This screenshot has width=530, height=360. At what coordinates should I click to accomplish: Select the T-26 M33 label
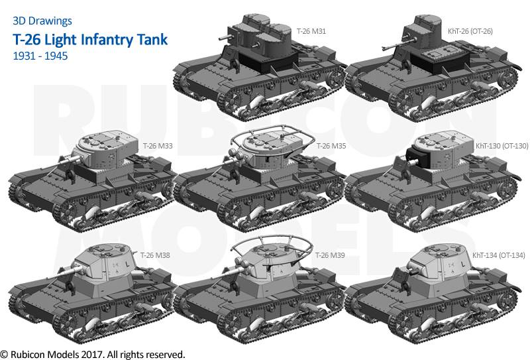158,145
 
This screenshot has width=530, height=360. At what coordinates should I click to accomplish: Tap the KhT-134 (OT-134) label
498,255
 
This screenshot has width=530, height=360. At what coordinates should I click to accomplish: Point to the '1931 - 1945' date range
40,56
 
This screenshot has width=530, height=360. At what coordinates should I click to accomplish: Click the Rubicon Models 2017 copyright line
93,353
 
